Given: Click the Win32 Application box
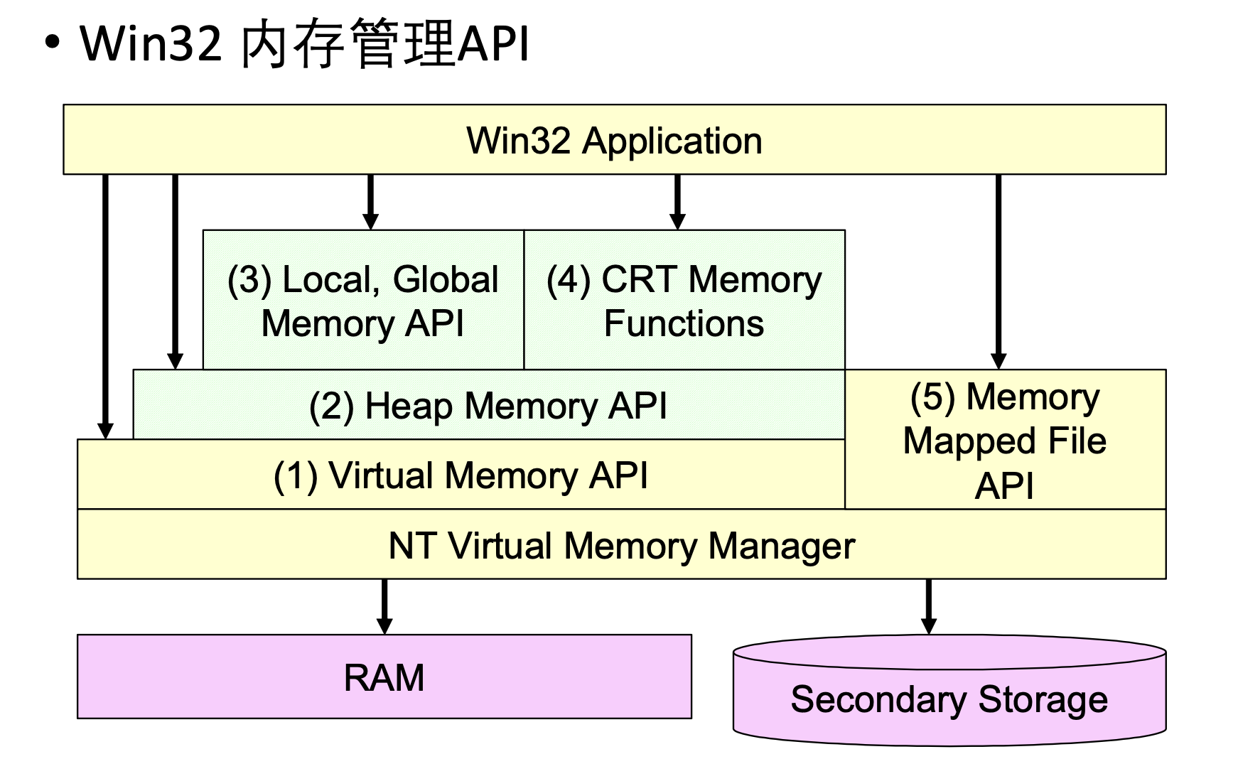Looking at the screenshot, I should pyautogui.click(x=614, y=140).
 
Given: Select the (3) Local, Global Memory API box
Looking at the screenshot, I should pyautogui.click(x=363, y=300).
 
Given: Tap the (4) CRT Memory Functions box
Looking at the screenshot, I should pyautogui.click(x=684, y=300).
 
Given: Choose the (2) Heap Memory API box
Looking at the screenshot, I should pyautogui.click(x=488, y=406).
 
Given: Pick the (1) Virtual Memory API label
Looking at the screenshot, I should pyautogui.click(x=461, y=475).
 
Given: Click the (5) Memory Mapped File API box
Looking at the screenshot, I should pyautogui.click(x=1005, y=440).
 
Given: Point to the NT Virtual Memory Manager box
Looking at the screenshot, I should pyautogui.click(x=621, y=545).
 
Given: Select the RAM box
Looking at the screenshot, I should pyautogui.click(x=384, y=677).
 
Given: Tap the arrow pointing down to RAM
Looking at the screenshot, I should pyautogui.click(x=384, y=605).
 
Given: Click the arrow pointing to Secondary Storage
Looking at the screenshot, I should pyautogui.click(x=928, y=605).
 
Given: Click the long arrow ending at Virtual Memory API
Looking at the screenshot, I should pyautogui.click(x=105, y=306).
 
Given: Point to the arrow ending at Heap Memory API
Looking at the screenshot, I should pyautogui.click(x=175, y=270).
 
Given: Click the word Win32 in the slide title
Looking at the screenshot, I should pyautogui.click(x=151, y=44).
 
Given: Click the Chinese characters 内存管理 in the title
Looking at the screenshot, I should pyautogui.click(x=348, y=44).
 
